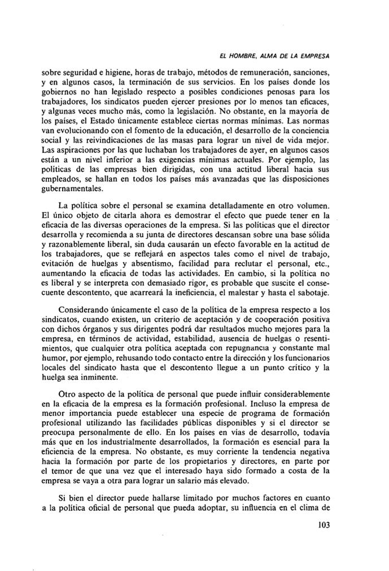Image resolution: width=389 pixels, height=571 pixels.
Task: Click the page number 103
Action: click(320, 526)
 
